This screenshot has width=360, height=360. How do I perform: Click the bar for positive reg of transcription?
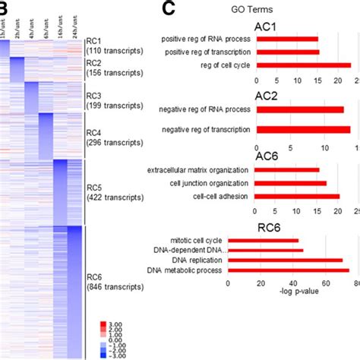coord(288,52)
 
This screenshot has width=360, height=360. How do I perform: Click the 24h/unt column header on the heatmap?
coord(75,28)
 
